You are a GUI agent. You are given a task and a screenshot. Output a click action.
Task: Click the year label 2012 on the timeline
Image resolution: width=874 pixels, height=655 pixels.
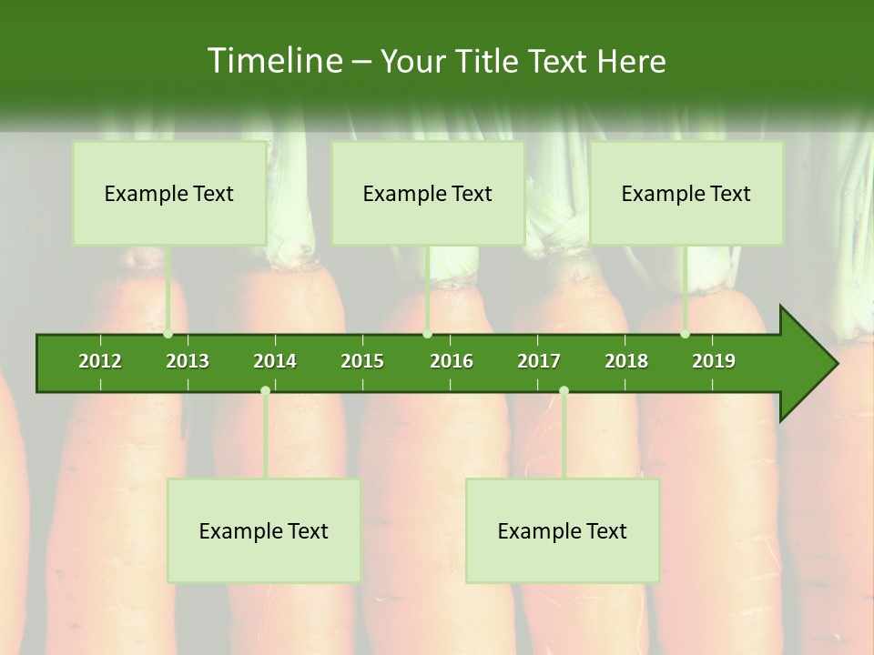[100, 361]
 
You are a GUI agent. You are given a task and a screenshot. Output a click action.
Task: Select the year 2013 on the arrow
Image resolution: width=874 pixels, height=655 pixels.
[188, 361]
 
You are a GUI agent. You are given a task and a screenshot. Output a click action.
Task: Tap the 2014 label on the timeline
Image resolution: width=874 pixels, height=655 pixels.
[275, 361]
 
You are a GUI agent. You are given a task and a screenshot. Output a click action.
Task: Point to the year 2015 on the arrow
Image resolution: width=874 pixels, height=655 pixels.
[362, 361]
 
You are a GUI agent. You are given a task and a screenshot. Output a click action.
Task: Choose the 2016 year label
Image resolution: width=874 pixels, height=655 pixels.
[452, 361]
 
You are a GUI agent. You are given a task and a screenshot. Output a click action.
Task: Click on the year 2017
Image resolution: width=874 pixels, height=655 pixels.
[539, 361]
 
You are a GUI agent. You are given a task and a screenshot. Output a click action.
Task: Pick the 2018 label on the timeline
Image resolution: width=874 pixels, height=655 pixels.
[626, 361]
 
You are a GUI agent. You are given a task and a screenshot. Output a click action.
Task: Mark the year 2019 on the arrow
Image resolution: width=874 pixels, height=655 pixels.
[714, 361]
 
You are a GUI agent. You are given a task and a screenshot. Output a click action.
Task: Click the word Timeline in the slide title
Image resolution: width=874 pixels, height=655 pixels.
[273, 61]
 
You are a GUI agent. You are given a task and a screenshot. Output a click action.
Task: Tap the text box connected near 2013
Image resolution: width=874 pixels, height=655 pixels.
[169, 193]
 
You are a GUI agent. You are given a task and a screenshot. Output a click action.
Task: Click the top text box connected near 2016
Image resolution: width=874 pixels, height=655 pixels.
[428, 193]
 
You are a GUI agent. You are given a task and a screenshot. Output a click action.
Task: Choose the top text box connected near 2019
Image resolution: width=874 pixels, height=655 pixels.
[686, 193]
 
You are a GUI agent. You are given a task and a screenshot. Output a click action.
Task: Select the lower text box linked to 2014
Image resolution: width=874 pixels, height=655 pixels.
[264, 530]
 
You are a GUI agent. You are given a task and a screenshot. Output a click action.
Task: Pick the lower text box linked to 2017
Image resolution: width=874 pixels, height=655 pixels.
[563, 530]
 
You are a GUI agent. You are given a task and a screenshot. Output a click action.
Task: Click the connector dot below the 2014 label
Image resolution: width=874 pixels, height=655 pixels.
[265, 390]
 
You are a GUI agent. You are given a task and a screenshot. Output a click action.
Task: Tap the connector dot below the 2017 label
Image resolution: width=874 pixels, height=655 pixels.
[564, 390]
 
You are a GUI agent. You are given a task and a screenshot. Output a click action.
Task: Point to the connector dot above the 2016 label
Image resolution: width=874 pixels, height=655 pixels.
[427, 334]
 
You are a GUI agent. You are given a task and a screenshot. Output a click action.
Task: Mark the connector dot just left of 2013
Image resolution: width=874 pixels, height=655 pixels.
[168, 334]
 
